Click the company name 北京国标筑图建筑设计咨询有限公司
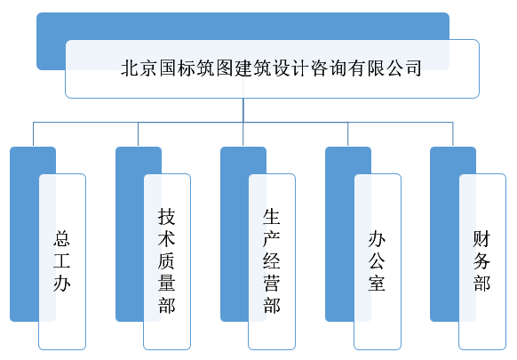point(271,68)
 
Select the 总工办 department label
point(62,261)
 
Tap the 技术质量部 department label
point(166,261)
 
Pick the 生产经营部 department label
point(272,261)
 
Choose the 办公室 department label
point(377,261)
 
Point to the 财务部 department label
point(481,261)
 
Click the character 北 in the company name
point(130,68)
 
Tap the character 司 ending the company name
point(413,68)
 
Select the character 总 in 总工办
point(62,239)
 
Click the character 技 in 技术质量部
point(166,217)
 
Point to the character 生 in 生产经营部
point(272,217)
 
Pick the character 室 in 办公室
point(377,284)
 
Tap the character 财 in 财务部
point(481,239)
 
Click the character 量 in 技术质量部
point(166,284)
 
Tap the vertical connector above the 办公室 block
point(348,134)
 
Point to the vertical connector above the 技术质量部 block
point(139,134)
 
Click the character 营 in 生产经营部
point(272,284)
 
